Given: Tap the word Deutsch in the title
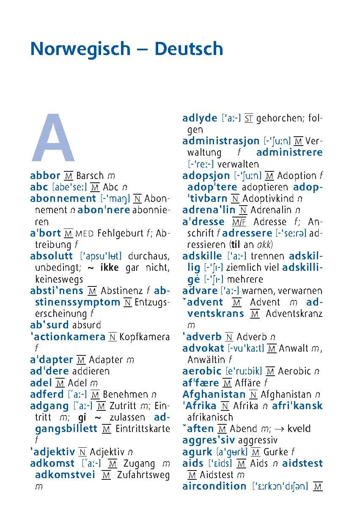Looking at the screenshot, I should [188, 49].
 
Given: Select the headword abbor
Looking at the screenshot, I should [45, 176].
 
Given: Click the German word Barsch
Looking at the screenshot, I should [90, 176].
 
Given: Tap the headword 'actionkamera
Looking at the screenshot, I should [68, 337].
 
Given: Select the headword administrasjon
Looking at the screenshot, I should [221, 141].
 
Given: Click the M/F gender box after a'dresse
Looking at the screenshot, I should [239, 222].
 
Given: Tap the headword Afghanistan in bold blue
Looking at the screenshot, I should [214, 394].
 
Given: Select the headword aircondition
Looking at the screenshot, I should [214, 486].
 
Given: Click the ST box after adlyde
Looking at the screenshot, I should [249, 118].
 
